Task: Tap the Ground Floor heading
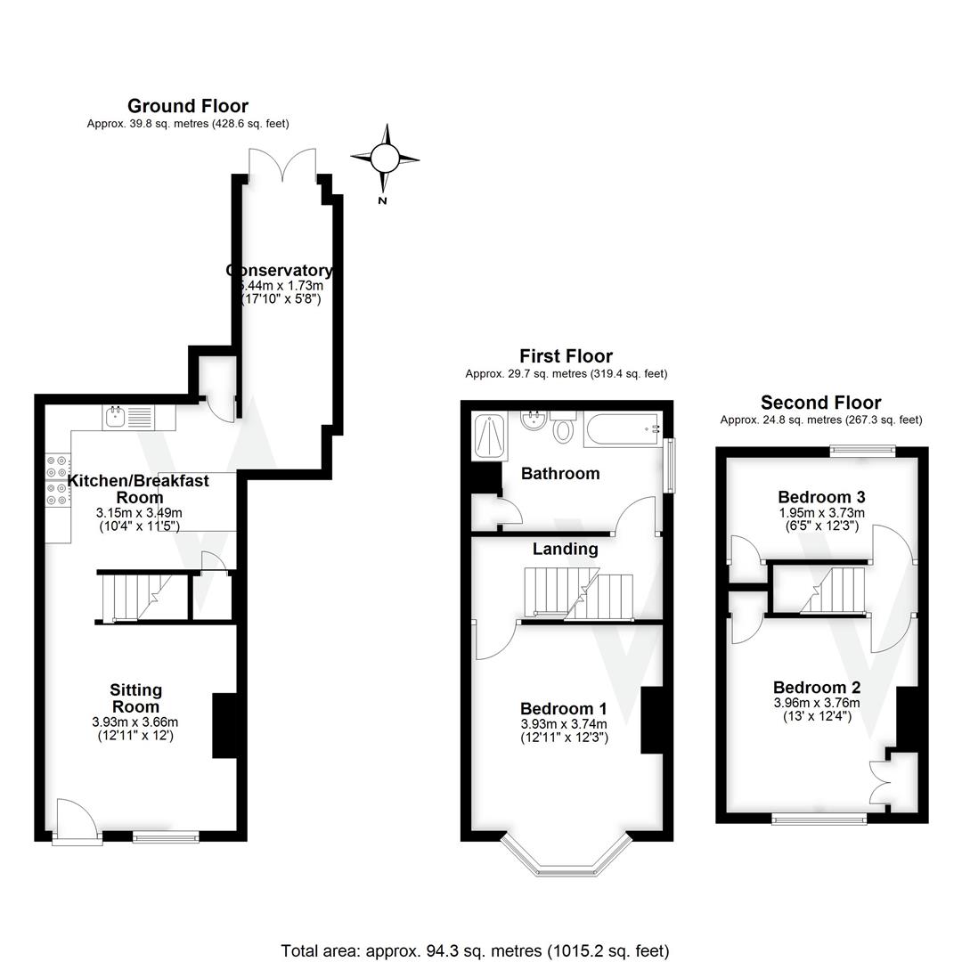[188, 107]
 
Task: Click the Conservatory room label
[280, 271]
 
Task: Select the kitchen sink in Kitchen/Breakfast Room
[115, 415]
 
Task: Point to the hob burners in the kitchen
[56, 481]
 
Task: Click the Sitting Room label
[136, 697]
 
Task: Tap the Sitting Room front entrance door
[71, 818]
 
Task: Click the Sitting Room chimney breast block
[224, 725]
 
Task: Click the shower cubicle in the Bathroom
[490, 434]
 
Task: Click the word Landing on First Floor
[565, 550]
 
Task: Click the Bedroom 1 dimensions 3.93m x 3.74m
[564, 724]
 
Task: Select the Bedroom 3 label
[821, 497]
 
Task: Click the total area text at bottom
[475, 950]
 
